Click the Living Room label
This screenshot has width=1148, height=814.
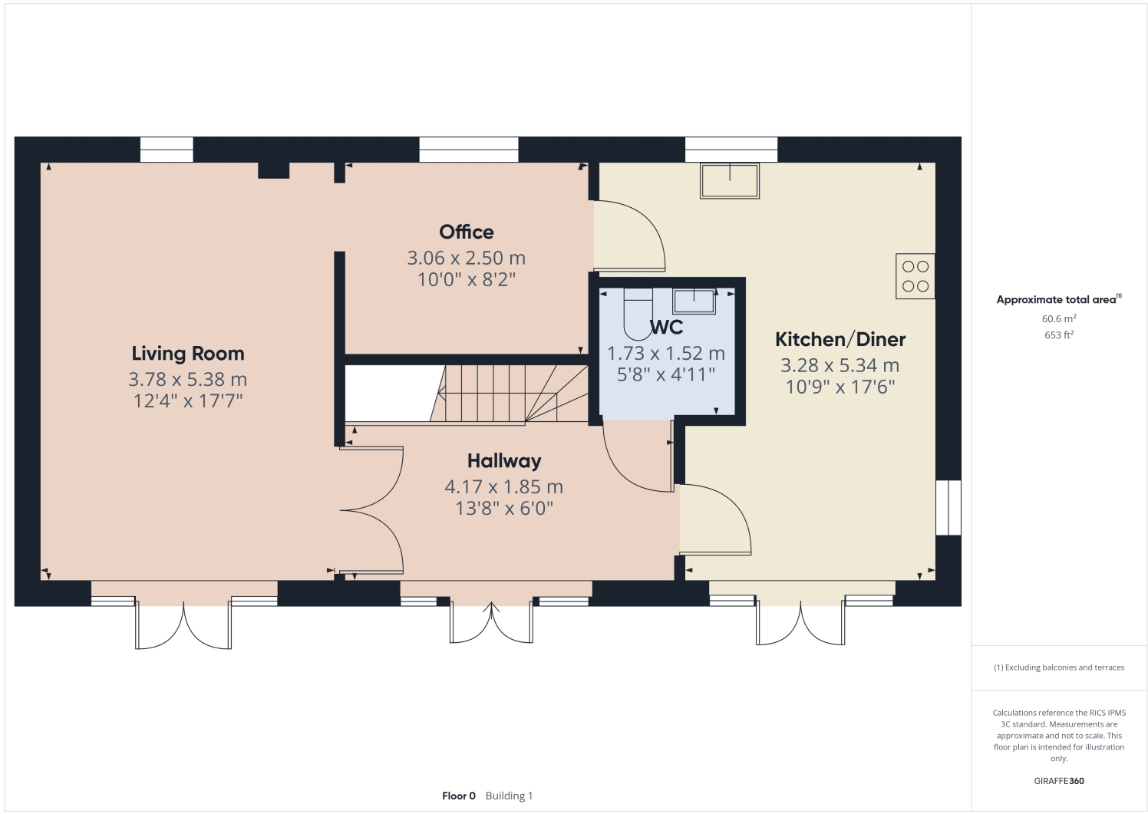point(187,354)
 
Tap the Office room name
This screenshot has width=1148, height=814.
point(466,232)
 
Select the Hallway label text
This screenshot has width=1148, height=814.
point(504,461)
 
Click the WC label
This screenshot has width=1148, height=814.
point(666,328)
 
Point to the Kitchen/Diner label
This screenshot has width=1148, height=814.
point(840,339)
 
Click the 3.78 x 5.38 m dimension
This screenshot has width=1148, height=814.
point(187,379)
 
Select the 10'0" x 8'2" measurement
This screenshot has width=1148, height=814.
point(466,279)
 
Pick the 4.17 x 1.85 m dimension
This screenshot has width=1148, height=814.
point(504,486)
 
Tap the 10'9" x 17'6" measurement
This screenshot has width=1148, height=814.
point(840,387)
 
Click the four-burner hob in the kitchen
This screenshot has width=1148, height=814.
point(915,276)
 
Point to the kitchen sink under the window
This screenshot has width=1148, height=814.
point(729,180)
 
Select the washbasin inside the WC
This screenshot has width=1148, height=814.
point(694,301)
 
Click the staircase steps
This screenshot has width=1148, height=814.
point(506,393)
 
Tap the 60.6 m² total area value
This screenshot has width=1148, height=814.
point(1058,318)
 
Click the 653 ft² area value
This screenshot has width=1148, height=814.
point(1058,334)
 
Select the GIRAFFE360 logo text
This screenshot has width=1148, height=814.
point(1058,781)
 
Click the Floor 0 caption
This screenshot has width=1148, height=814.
point(459,796)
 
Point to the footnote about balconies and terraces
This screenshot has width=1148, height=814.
point(1058,667)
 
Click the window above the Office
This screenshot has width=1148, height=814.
point(468,150)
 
